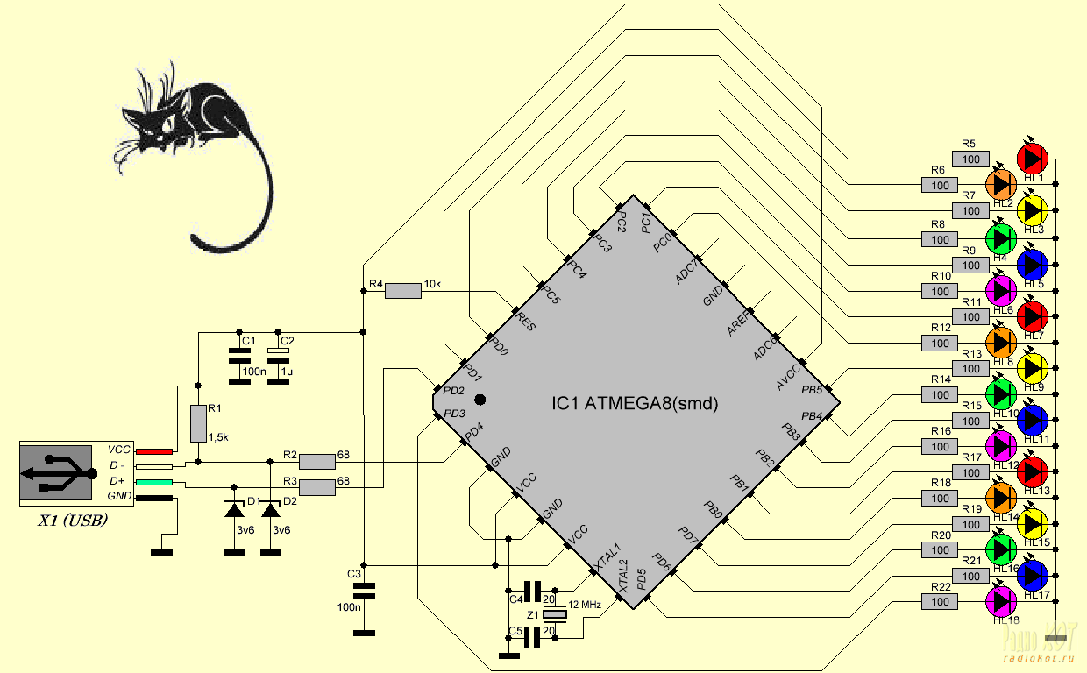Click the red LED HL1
[x=1032, y=159]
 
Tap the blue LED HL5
[x=1032, y=263]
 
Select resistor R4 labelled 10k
[x=403, y=291]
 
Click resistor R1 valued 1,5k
[x=198, y=423]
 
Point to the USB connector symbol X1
[x=58, y=473]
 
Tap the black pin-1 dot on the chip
[x=480, y=400]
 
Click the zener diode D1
[x=234, y=510]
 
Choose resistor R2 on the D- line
[x=317, y=461]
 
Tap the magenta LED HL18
[x=1001, y=601]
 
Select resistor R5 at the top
[x=971, y=159]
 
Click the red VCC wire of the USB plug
[x=154, y=450]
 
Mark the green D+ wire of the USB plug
[x=154, y=482]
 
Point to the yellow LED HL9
[x=1032, y=368]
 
